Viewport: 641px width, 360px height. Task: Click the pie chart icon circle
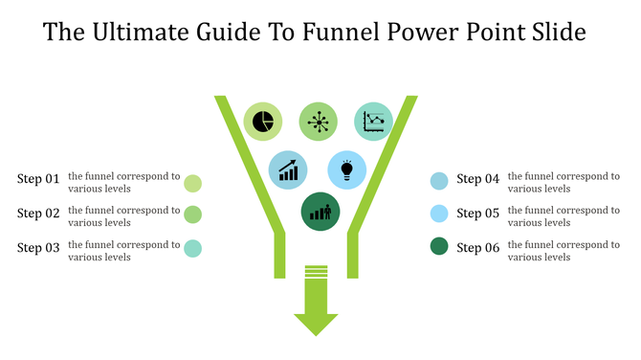tap(262, 122)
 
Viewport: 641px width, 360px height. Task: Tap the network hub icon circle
tap(319, 122)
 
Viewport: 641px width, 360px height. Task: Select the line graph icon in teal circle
tap(374, 122)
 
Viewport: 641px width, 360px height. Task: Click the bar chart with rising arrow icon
tap(287, 170)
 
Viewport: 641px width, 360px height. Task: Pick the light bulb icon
tap(347, 170)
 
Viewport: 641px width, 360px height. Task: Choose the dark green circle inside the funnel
tap(320, 212)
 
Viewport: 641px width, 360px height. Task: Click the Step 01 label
tap(38, 179)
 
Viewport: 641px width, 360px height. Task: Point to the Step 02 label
tap(38, 214)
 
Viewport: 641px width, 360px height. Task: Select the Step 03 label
tap(38, 248)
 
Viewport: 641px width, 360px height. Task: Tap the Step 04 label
tap(478, 179)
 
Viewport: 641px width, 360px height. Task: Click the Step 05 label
tap(478, 214)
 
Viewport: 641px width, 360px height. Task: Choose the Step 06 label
tap(478, 248)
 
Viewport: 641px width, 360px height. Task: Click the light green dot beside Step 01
tap(192, 182)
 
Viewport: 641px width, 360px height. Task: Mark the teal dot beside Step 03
tap(192, 248)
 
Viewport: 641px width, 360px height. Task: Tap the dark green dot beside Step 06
tap(439, 247)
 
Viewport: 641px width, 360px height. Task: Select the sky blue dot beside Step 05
tap(439, 213)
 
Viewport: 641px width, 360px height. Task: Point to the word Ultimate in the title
tap(141, 34)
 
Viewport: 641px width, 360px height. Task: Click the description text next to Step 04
tap(563, 182)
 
